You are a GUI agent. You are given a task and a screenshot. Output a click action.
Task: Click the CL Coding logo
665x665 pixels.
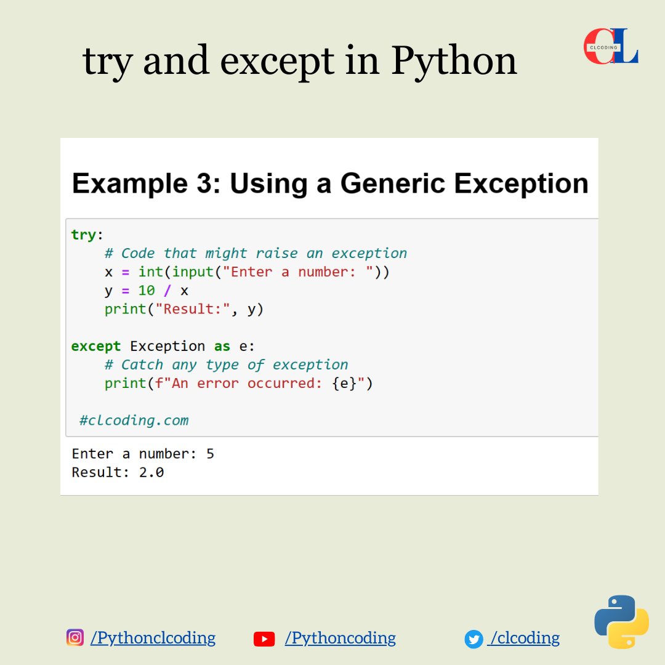611,46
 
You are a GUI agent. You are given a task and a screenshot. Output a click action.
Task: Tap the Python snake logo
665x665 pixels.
621,622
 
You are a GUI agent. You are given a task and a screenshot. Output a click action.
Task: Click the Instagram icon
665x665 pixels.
75,637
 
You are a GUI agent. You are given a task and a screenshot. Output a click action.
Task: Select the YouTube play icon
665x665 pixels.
264,639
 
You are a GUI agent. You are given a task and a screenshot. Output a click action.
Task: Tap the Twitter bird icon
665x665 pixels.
474,639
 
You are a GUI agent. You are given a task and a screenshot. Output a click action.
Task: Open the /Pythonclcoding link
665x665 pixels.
153,638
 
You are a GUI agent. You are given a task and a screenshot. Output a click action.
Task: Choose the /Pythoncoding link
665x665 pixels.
340,638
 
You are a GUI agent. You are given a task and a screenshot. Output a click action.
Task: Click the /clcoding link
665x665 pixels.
524,638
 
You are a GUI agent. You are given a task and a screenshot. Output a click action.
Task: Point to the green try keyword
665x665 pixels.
84,235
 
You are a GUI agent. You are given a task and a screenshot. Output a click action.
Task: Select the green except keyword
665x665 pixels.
96,347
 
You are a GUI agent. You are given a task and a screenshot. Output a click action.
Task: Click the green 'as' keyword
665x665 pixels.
222,346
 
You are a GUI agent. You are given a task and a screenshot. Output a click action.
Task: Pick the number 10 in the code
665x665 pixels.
147,291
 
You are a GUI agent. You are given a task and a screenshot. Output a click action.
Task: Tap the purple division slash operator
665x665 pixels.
167,291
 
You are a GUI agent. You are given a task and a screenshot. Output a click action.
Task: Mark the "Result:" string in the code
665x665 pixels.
193,308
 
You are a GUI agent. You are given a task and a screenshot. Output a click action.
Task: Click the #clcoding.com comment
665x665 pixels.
134,421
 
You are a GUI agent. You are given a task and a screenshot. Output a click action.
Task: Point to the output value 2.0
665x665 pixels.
151,472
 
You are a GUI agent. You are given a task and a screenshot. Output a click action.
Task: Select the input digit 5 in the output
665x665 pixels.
211,454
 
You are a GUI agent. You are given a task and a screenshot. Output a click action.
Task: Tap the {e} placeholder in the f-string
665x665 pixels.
344,384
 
